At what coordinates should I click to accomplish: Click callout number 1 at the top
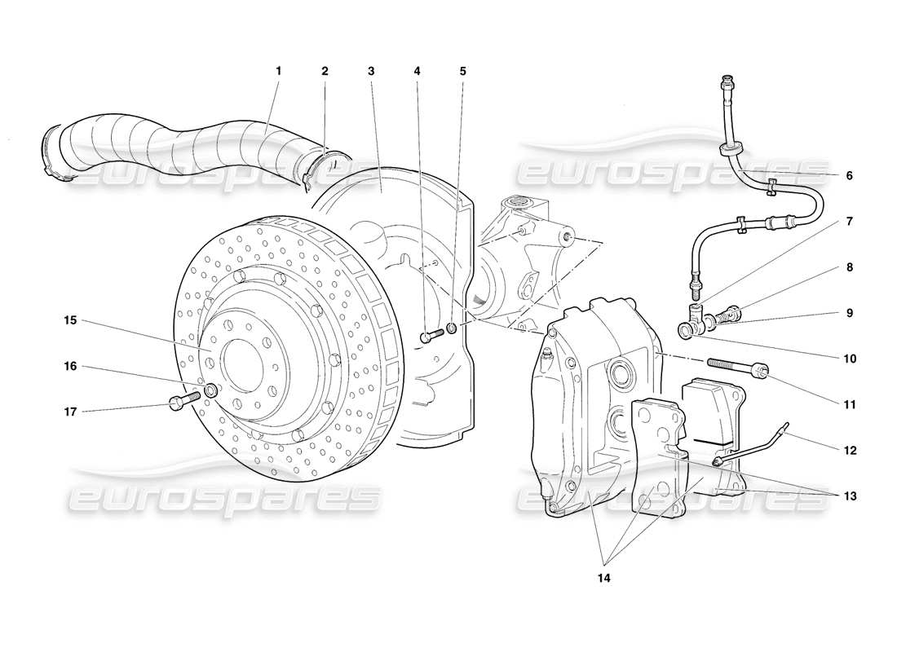pyautogui.click(x=278, y=71)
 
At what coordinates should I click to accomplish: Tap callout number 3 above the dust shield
pyautogui.click(x=371, y=71)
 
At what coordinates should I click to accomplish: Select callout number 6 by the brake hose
pyautogui.click(x=849, y=175)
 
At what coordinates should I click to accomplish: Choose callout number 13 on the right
pyautogui.click(x=851, y=495)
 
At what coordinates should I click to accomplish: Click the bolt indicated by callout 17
pyautogui.click(x=184, y=400)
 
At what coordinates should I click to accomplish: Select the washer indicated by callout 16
pyautogui.click(x=210, y=390)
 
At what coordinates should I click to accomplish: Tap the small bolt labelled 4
pyautogui.click(x=431, y=335)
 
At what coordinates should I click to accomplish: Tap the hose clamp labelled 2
pyautogui.click(x=324, y=167)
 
